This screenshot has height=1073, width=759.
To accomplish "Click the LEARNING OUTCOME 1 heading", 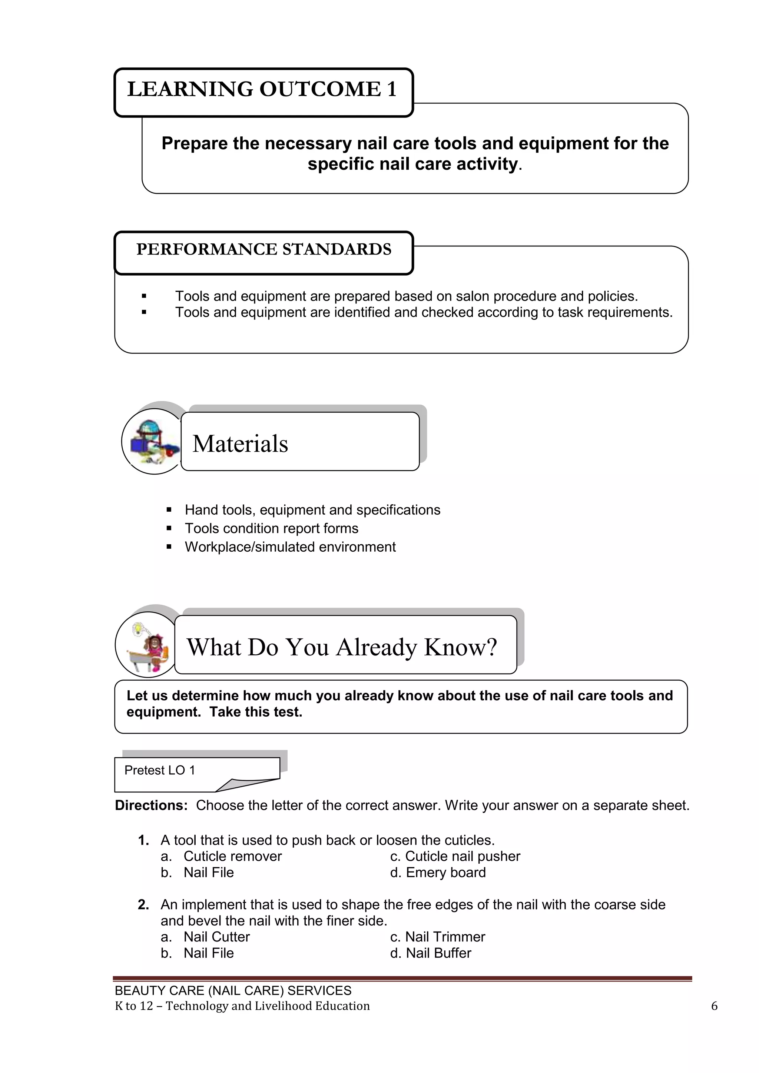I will tap(262, 89).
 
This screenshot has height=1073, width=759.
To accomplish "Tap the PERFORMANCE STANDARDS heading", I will tap(264, 250).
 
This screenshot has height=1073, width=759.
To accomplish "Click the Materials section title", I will tap(240, 444).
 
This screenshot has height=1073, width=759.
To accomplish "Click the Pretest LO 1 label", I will tap(159, 770).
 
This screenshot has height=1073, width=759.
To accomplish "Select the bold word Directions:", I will tap(151, 805).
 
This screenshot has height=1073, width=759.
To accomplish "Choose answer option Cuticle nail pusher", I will tap(462, 856).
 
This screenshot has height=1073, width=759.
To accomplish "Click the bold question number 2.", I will tap(143, 904).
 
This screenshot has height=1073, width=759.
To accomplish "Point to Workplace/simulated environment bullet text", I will tap(290, 547).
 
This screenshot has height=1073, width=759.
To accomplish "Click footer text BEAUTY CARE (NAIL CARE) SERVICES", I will tap(233, 990).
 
